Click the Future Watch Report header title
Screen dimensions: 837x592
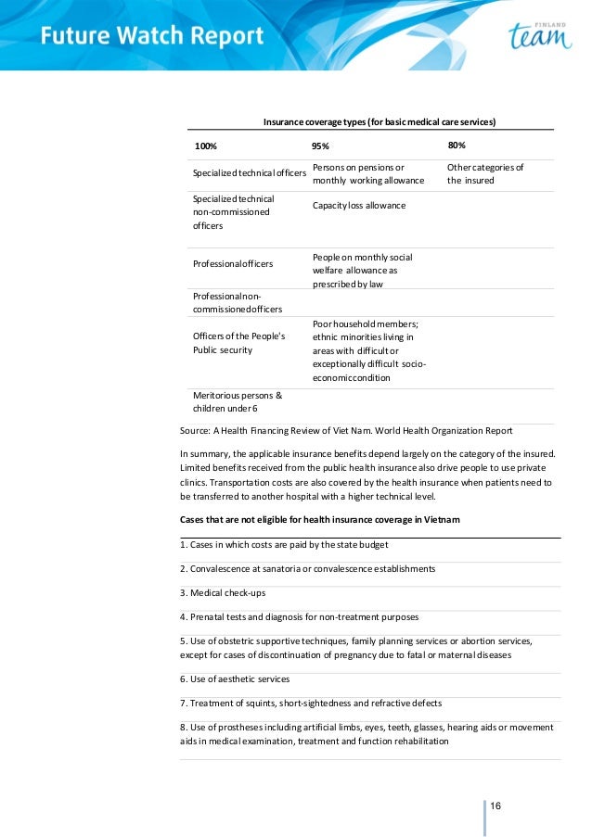(x=152, y=37)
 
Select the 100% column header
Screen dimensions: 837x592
(x=205, y=146)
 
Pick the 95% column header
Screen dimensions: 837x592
(x=320, y=146)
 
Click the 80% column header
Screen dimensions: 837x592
(x=457, y=146)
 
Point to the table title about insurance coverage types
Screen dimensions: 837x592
(x=379, y=121)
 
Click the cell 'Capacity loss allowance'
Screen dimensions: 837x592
(x=359, y=205)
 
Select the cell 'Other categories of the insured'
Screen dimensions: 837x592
(x=485, y=174)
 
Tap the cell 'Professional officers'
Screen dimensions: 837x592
(x=233, y=264)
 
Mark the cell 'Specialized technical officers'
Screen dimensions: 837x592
(x=249, y=174)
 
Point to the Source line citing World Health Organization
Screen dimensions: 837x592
(x=346, y=430)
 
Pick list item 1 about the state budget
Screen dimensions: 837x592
(x=277, y=544)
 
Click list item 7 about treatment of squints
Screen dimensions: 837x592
(x=311, y=704)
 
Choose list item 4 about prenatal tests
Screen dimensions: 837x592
(x=299, y=616)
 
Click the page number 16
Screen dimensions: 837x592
(x=495, y=805)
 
